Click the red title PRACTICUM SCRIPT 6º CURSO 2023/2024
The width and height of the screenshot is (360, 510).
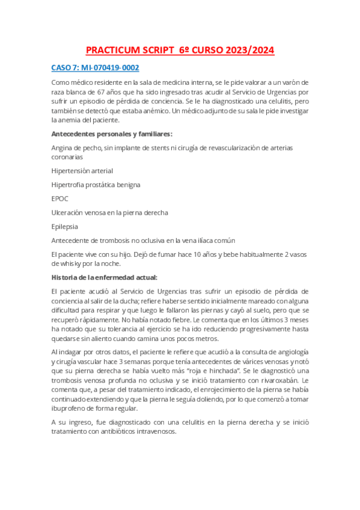point(180,51)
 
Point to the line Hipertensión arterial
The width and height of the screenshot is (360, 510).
point(82,171)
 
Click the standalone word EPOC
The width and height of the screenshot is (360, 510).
point(61,198)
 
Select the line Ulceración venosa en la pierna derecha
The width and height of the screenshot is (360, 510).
point(109,212)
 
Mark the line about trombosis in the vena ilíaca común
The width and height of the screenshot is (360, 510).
point(143,241)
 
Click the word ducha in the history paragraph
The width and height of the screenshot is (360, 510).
point(141,300)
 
